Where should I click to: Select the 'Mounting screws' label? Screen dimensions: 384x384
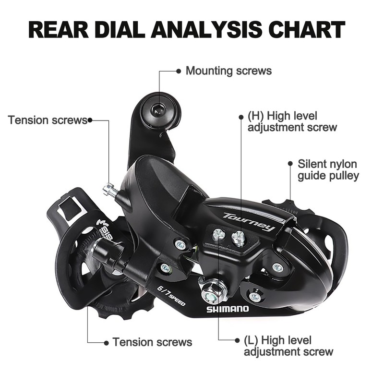coord(228,71)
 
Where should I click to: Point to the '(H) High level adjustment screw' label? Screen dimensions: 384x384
coord(292,121)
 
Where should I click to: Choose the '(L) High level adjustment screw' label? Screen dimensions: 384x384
coord(288,346)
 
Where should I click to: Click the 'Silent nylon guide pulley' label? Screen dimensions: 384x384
coord(328,170)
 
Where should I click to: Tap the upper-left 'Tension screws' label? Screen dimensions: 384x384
coord(47,120)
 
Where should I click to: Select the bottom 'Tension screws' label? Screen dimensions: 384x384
coord(152,342)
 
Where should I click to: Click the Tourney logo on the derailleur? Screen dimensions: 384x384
coord(249,222)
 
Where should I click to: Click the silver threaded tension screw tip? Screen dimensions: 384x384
coord(109,191)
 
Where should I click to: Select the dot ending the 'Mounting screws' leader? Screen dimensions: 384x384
coord(179,71)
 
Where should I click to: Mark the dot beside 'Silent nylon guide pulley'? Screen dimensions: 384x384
coord(290,164)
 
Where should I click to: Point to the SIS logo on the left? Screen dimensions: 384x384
coord(106,229)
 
